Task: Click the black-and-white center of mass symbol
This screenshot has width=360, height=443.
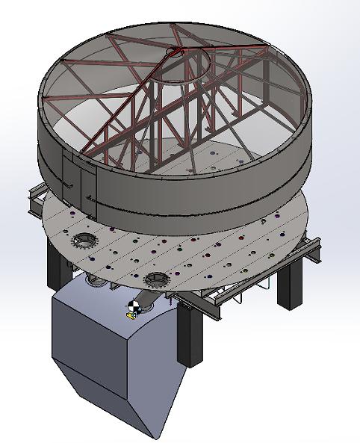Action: pyautogui.click(x=134, y=306)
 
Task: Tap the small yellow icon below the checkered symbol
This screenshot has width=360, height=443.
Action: pyautogui.click(x=131, y=315)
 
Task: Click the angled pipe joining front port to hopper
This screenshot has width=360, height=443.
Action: pyautogui.click(x=146, y=299)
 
